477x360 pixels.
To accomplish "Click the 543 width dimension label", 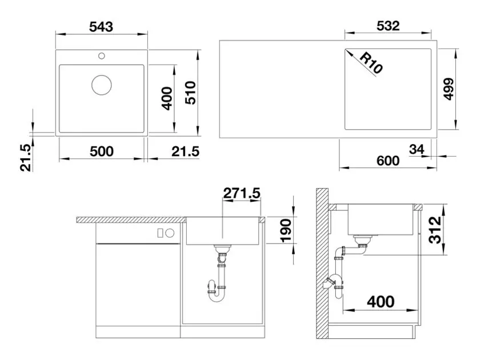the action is click(101, 27).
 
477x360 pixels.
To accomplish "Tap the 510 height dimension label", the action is click(191, 93).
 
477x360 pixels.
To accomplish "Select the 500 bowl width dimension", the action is click(102, 151).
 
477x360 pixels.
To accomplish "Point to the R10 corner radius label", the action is click(371, 63).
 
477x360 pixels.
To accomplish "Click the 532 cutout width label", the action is click(388, 26).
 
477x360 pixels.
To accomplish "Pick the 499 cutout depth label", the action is click(448, 89).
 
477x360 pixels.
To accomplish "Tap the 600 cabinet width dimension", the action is click(388, 161).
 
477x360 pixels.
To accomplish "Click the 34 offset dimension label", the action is click(416, 149).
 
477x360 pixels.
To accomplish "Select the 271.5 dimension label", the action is click(242, 193).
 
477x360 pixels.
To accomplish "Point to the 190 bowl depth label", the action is click(286, 231).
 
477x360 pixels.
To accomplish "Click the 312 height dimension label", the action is click(435, 230).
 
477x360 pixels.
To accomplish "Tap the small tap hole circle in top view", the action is click(102, 55).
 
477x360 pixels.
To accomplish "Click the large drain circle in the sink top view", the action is click(102, 85).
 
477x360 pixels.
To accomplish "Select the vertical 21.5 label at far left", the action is click(26, 158).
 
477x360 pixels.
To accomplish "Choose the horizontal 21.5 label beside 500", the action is click(185, 151).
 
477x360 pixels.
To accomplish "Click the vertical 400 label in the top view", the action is click(167, 98).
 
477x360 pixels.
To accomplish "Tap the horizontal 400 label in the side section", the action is click(380, 302).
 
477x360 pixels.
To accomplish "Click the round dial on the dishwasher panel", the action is click(170, 233).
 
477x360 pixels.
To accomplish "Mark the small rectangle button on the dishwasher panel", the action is click(161, 233).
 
